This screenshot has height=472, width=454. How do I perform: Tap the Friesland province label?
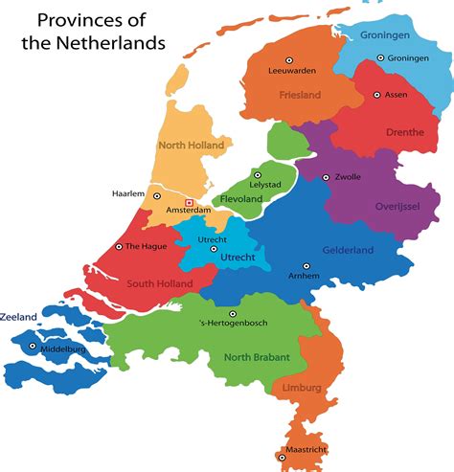pyautogui.click(x=300, y=95)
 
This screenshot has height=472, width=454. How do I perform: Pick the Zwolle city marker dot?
pyautogui.click(x=326, y=177)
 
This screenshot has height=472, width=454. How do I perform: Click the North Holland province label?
pyautogui.click(x=191, y=146)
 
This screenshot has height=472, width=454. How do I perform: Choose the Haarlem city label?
pyautogui.click(x=128, y=193)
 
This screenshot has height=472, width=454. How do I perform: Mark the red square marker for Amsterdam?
pyautogui.click(x=189, y=202)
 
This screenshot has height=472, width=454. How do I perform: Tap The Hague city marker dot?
pyautogui.click(x=119, y=246)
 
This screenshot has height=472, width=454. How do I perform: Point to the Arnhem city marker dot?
pyautogui.click(x=306, y=266)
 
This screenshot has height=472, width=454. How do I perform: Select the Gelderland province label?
pyautogui.click(x=348, y=251)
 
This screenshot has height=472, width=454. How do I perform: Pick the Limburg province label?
pyautogui.click(x=303, y=388)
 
